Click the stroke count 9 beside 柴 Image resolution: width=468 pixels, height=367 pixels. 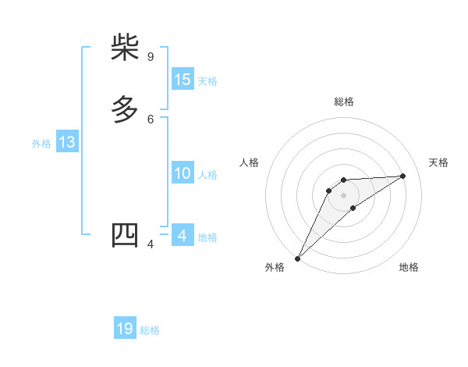pos(151,57)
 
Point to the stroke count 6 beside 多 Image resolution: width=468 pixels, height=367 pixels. pos(151,119)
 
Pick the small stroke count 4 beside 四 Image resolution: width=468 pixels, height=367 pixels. pos(151,244)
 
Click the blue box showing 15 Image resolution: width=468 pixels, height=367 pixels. pos(183,80)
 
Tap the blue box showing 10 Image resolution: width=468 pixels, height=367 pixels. pos(183,173)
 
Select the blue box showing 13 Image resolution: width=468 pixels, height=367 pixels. pos(67,142)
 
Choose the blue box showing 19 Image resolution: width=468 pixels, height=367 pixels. pos(125,329)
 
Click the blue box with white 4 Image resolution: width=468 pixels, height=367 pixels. pos(183,236)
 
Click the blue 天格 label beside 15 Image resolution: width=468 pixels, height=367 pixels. pos(207,81)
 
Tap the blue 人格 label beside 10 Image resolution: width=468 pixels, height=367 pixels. pos(207,175)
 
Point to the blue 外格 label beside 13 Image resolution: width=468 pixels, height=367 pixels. pos(41,144)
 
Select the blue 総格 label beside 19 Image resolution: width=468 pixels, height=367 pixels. pos(150,330)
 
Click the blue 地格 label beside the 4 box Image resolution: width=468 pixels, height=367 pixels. pos(207,237)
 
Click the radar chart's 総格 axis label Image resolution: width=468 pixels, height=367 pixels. pos(344,102)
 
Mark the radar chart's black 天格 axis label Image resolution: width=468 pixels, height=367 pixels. pos(439,162)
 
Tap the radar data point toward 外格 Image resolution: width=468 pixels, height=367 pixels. pos(297,258)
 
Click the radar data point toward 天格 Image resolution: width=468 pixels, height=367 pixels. pos(403,176)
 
